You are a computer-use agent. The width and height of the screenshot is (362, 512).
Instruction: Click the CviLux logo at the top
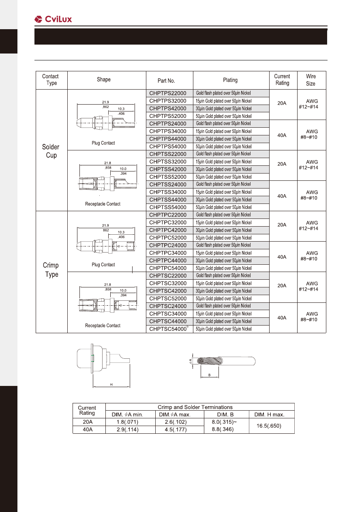(53, 19)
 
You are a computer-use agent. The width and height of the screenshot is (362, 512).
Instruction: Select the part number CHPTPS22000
(168, 93)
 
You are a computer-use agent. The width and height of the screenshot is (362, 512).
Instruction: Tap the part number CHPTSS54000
(168, 207)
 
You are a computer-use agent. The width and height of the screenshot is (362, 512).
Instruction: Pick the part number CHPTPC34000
(168, 253)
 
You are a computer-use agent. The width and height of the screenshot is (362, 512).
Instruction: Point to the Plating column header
(230, 80)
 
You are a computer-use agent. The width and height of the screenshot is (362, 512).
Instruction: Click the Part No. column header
(166, 81)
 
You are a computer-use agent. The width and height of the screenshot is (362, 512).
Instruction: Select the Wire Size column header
(311, 80)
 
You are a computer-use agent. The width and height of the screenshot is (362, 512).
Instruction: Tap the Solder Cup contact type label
(51, 151)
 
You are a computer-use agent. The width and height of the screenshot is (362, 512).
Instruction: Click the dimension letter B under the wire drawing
(210, 375)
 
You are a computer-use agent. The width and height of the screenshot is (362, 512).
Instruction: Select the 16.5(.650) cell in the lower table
(270, 426)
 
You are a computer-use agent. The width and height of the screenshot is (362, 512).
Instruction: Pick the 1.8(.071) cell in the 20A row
(130, 422)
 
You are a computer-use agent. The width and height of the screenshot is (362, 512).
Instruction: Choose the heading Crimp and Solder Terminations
(195, 407)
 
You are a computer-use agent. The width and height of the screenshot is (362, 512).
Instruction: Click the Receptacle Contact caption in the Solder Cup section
(103, 204)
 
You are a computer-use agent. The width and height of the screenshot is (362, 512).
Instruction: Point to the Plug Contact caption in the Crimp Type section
(103, 265)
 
